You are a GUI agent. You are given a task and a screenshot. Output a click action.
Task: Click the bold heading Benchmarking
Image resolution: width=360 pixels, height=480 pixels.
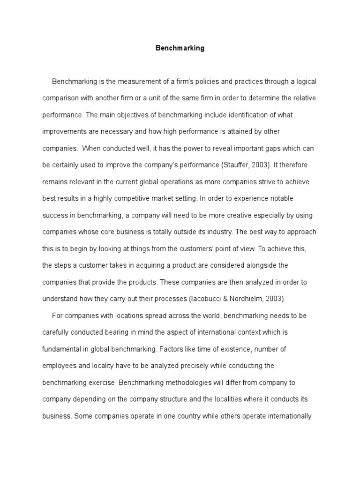click(180, 48)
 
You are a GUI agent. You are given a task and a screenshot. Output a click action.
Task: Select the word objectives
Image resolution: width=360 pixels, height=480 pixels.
click(128, 115)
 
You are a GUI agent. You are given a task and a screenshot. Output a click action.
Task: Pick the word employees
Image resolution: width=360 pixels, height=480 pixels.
click(59, 365)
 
